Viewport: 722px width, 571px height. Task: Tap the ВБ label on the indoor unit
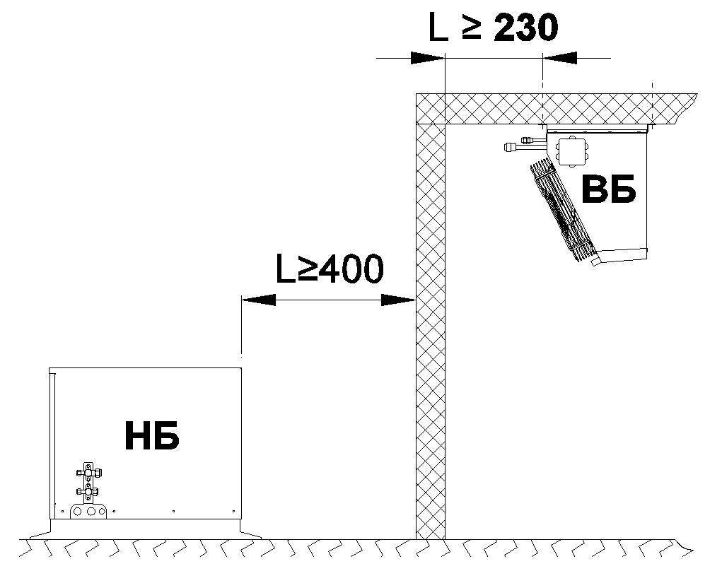[x=609, y=189]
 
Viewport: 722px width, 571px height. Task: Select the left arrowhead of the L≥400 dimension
[x=259, y=300]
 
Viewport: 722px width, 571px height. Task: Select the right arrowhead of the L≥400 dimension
[x=399, y=300]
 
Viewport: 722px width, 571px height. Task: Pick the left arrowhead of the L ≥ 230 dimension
[x=428, y=58]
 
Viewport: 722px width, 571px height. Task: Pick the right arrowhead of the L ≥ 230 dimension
[x=560, y=58]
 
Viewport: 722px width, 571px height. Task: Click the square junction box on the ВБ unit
[x=572, y=151]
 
